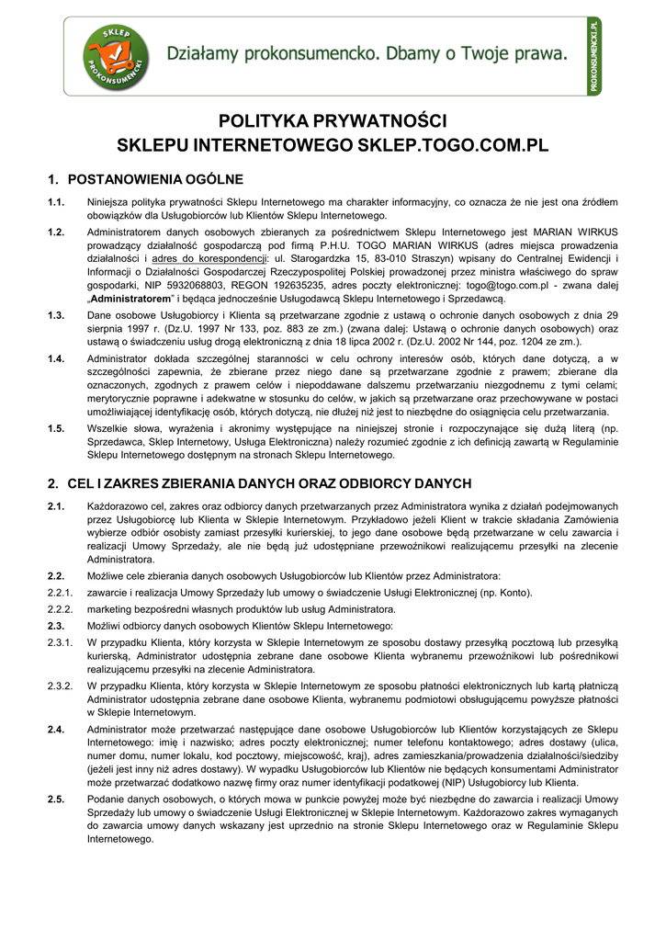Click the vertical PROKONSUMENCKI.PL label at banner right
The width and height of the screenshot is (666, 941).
coord(594,55)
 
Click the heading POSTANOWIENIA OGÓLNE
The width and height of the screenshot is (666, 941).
coord(156,178)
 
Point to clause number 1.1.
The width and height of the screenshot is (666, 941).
coord(56,202)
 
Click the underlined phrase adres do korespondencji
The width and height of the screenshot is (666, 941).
coord(205,259)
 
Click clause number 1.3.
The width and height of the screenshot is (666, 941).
coord(56,315)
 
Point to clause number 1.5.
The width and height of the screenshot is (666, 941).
coord(56,428)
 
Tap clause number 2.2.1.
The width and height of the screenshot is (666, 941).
coord(60,593)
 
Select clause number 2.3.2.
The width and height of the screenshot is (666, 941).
coord(60,686)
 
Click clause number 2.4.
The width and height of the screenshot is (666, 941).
coord(56,729)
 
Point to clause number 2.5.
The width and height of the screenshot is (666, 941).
coord(56,799)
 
